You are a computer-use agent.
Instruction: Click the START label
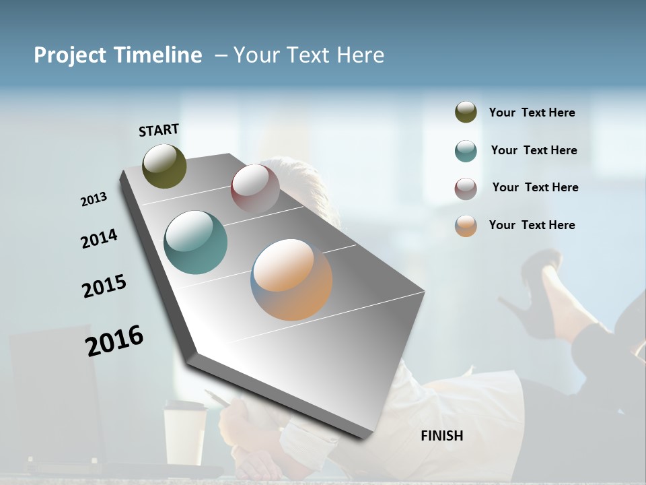(159, 130)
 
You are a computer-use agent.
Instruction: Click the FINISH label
(441, 436)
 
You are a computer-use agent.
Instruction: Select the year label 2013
(94, 199)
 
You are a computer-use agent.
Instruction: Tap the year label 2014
(99, 238)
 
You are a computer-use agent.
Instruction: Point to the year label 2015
(104, 286)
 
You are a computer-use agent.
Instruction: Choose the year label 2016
(114, 340)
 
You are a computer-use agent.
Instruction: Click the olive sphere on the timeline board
(164, 166)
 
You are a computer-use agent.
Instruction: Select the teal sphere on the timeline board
(195, 243)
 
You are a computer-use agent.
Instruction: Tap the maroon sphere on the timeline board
(255, 188)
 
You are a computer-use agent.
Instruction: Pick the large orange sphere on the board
(291, 280)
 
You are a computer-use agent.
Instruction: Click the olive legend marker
(466, 112)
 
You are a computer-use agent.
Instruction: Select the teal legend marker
(466, 151)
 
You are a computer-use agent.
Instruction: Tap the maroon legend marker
(466, 189)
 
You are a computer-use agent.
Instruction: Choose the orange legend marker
(466, 226)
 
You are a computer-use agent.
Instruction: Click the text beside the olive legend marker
(532, 113)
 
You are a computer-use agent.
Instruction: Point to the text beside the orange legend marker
(532, 225)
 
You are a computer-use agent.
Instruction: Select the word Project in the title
(70, 55)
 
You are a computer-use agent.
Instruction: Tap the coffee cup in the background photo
(185, 431)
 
